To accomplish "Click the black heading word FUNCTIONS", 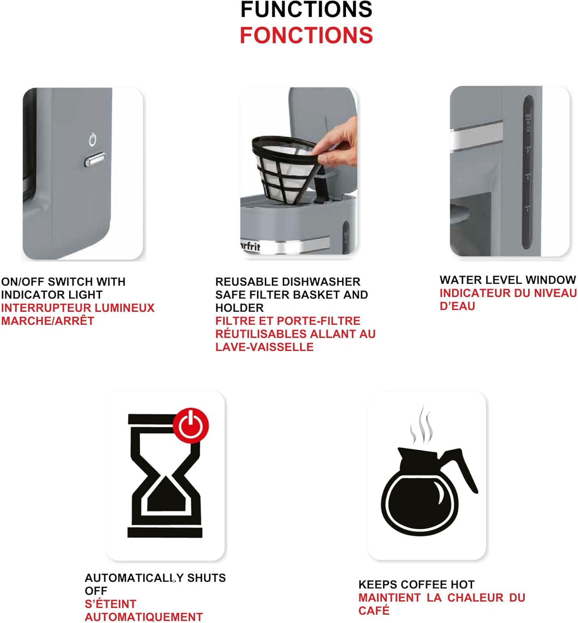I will [x=306, y=10].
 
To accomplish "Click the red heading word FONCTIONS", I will [x=306, y=35].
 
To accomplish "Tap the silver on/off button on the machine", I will [x=94, y=160].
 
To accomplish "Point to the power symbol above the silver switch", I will [x=92, y=140].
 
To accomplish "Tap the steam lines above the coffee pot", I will [x=421, y=426].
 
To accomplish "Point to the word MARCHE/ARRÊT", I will [x=48, y=321].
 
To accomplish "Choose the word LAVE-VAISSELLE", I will [x=264, y=347].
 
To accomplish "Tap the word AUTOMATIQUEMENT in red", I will [x=144, y=617].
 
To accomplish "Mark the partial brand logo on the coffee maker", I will [x=251, y=246].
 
